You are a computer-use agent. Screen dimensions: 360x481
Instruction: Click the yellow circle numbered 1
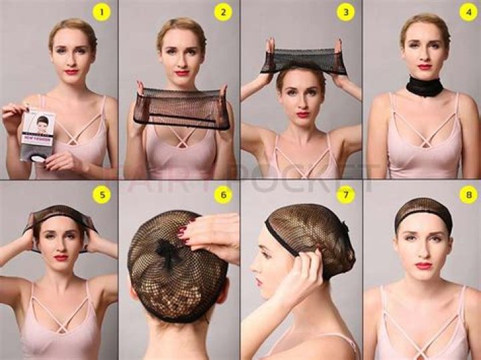click(102, 12)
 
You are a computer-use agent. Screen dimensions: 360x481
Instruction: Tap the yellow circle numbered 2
click(223, 12)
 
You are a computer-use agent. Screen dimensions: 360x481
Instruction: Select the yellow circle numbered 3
click(345, 12)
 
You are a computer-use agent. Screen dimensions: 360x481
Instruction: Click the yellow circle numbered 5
click(102, 195)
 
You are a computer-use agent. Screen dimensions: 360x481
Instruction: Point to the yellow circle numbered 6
click(223, 195)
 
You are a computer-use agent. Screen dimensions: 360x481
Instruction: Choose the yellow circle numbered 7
click(345, 195)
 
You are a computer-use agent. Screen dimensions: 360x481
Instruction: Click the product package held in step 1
click(37, 134)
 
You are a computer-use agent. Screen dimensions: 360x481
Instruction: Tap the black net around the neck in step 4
click(424, 87)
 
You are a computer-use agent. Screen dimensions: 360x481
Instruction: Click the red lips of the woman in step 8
click(423, 265)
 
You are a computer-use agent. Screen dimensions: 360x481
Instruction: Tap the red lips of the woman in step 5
click(61, 257)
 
